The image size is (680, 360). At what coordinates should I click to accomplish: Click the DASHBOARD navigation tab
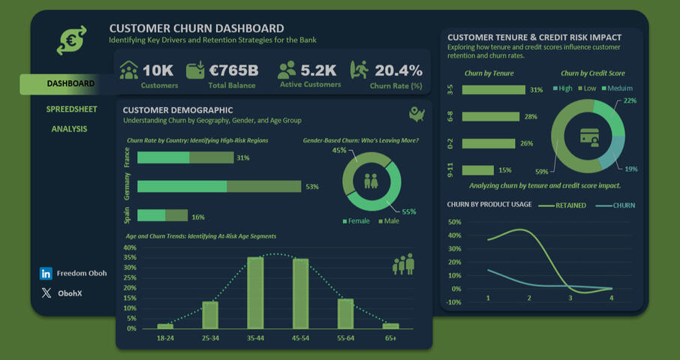click(x=70, y=84)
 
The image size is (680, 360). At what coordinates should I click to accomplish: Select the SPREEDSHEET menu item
click(x=71, y=109)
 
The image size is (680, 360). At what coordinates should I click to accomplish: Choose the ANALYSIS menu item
click(x=69, y=129)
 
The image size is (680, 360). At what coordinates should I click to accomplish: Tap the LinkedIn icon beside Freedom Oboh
click(x=47, y=274)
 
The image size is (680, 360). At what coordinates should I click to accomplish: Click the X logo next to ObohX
click(x=47, y=293)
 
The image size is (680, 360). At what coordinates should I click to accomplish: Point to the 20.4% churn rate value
click(x=399, y=70)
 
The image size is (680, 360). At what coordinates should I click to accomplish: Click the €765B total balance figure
click(x=234, y=70)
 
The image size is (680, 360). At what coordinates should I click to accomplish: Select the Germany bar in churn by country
click(x=218, y=187)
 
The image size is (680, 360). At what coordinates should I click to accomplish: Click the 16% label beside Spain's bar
click(x=198, y=217)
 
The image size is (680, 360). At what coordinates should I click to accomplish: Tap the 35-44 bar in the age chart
click(x=255, y=292)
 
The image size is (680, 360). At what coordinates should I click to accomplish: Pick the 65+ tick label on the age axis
click(x=390, y=339)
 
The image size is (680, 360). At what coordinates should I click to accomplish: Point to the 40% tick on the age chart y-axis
click(x=130, y=247)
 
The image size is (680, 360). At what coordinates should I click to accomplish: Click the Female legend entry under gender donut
click(x=357, y=221)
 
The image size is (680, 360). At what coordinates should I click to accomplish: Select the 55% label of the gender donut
click(x=409, y=212)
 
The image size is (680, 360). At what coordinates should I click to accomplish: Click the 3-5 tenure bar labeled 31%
click(x=494, y=90)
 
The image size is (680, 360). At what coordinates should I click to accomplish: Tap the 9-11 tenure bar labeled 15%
click(x=478, y=170)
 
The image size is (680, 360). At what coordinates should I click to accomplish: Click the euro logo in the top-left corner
click(x=72, y=40)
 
